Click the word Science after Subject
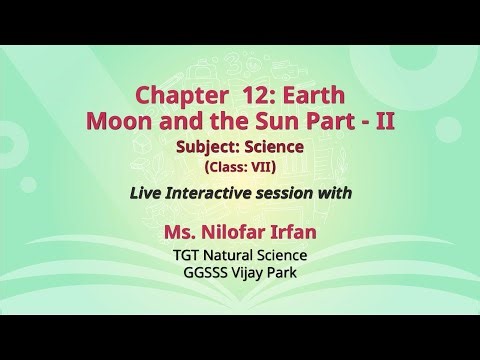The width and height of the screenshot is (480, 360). pyautogui.click(x=274, y=147)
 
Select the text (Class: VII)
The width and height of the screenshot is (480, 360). pyautogui.click(x=239, y=164)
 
